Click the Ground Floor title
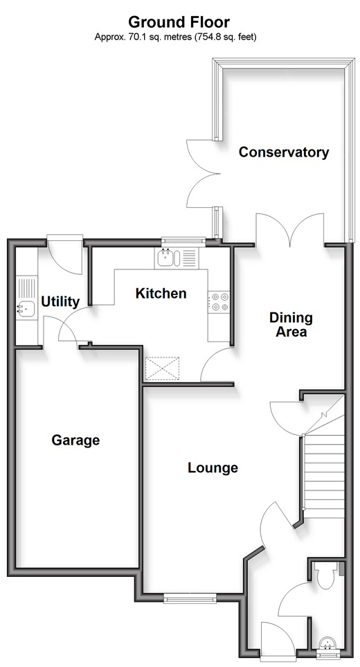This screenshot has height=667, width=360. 179,21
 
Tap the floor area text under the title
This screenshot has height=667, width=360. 175,37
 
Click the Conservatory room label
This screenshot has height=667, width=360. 283,152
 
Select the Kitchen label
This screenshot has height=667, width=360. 161,293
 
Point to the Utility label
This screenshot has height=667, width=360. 60,301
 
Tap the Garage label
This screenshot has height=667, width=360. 75,441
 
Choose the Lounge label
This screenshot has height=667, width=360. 213,468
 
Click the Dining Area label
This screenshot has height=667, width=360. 291,324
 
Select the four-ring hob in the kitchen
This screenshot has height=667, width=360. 219,301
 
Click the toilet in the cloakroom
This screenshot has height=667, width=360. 326,575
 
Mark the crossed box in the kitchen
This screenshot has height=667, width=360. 163,368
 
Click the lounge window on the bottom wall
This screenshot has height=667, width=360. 190,598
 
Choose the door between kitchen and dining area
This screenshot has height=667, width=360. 217,364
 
